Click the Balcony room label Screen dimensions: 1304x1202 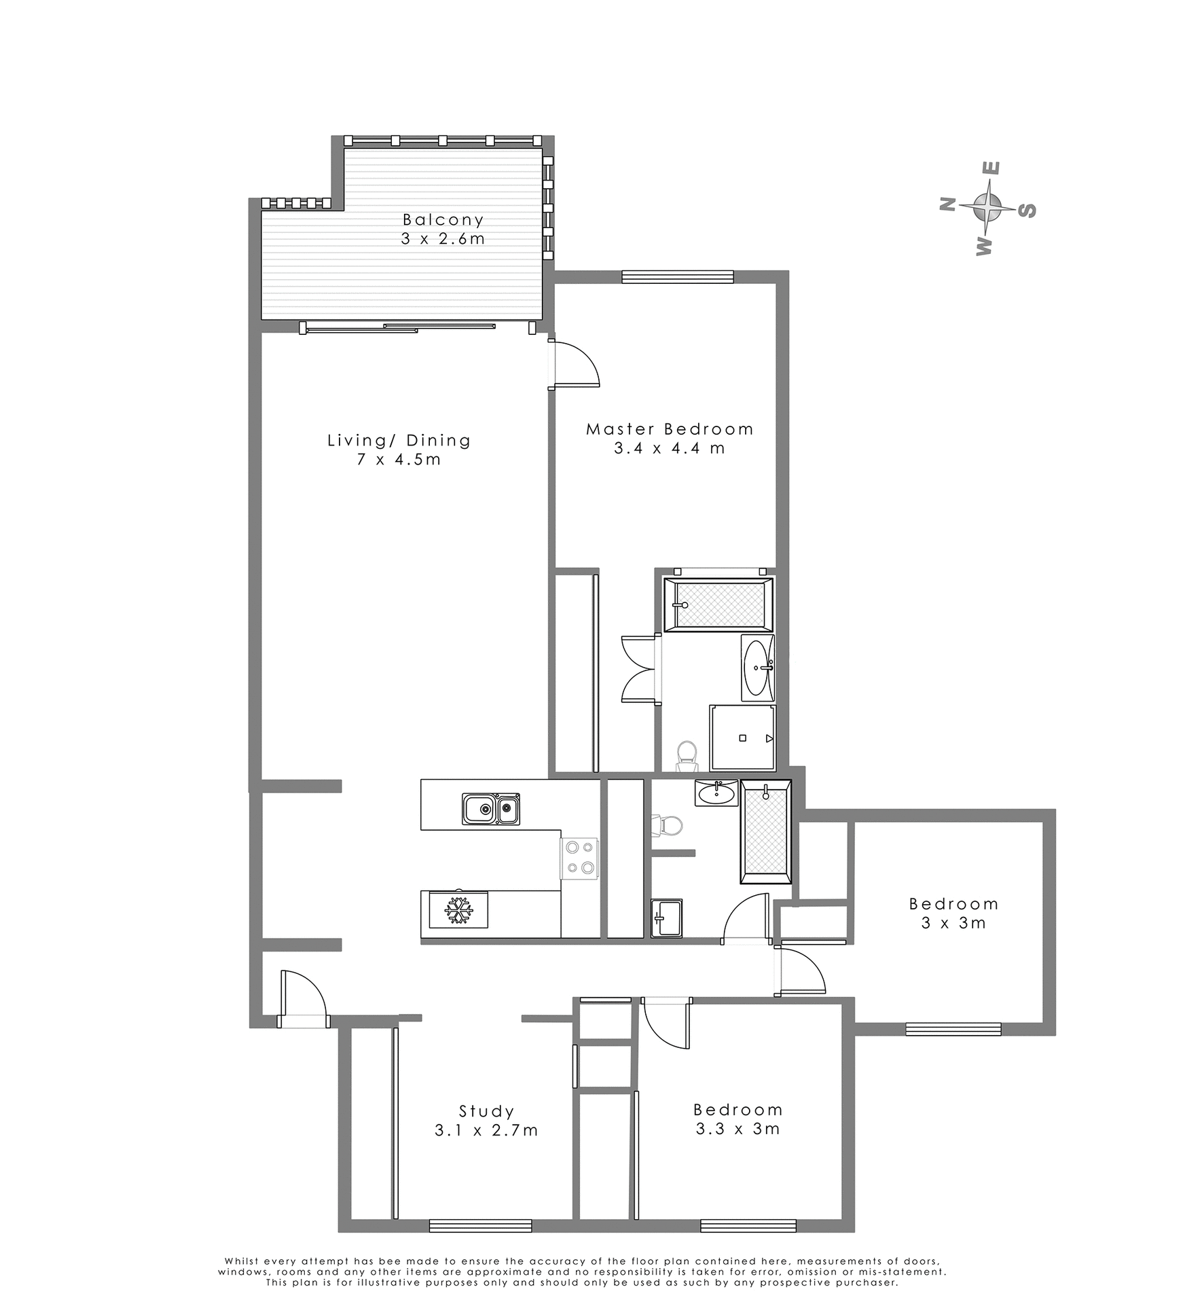(443, 219)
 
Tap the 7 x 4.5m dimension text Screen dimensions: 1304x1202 (399, 460)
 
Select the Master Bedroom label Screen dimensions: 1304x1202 (670, 429)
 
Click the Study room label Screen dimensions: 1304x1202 (486, 1112)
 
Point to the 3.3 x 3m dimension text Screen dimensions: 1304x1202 (737, 1129)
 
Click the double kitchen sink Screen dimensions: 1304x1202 (491, 809)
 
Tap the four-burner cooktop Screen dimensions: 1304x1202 (579, 858)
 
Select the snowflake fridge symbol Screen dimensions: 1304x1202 (458, 910)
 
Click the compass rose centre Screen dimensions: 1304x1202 (987, 206)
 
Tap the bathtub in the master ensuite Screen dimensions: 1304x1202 (718, 604)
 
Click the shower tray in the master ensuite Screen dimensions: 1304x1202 (742, 738)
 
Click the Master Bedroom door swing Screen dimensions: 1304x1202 (576, 367)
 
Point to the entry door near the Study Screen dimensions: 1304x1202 (304, 997)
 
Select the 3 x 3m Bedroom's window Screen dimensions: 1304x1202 (953, 1030)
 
